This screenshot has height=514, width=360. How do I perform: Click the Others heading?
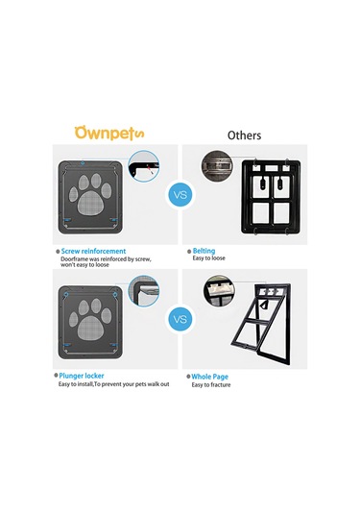(244, 135)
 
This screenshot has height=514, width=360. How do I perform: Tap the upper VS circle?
(179, 196)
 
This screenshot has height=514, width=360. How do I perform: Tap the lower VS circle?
(179, 317)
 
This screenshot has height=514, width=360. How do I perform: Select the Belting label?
(204, 251)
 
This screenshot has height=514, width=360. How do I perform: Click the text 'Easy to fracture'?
(211, 384)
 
